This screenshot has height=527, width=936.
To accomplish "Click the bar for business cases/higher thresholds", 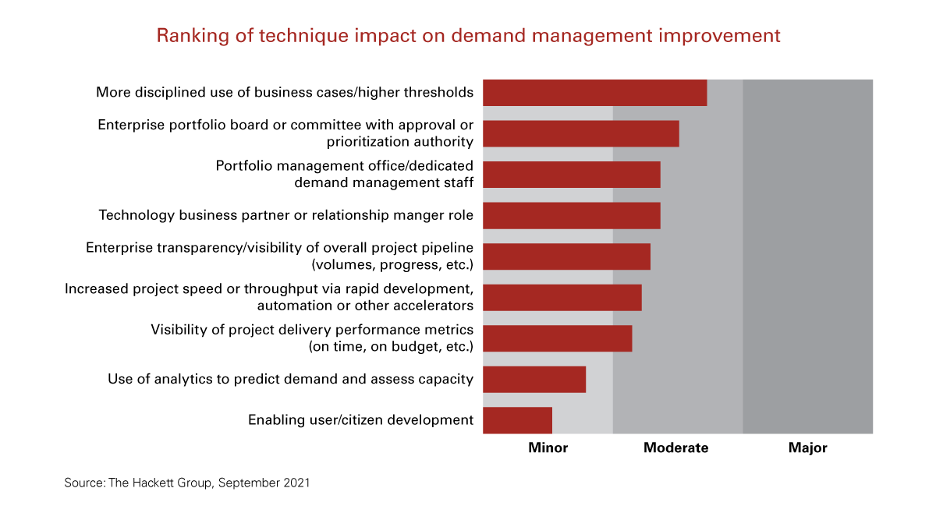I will click(x=594, y=93).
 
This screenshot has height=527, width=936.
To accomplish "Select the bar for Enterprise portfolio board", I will click(x=581, y=133).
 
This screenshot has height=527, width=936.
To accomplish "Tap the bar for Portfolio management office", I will click(x=572, y=175).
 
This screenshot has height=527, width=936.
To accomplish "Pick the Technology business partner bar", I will click(x=572, y=216).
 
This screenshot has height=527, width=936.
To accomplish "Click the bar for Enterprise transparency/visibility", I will click(x=566, y=256).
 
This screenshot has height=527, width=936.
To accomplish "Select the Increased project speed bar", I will click(x=562, y=298).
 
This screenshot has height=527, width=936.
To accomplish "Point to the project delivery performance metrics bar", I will click(x=558, y=338).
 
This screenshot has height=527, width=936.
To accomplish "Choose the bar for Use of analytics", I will click(x=534, y=380).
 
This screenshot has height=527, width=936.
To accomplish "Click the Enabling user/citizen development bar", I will click(x=518, y=420).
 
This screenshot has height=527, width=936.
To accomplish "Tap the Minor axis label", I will click(x=548, y=448).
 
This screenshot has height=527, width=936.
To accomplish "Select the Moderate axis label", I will click(x=676, y=448).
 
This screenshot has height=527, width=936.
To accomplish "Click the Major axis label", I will click(x=807, y=448).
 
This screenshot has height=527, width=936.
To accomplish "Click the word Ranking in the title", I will click(x=187, y=36).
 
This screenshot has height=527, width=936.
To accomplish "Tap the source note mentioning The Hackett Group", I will click(x=187, y=483).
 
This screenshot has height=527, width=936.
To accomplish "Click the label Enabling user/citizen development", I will click(x=360, y=420).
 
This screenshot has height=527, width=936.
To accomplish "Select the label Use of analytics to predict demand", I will click(x=290, y=380).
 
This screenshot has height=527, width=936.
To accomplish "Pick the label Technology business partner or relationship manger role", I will click(x=285, y=215).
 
